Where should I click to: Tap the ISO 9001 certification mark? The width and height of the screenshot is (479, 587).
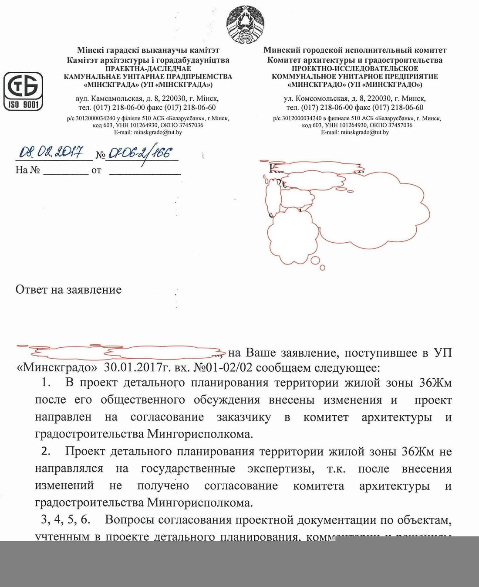[x=24, y=91]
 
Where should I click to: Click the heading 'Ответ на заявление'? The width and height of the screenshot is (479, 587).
[x=68, y=290]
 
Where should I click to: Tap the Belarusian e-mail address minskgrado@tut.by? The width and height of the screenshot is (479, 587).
[x=148, y=132]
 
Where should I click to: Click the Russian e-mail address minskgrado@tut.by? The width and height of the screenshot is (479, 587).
[x=355, y=132]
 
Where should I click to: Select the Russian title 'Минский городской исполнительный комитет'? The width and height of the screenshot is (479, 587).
[x=355, y=51]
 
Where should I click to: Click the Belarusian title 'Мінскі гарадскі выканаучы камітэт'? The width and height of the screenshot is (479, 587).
[x=148, y=51]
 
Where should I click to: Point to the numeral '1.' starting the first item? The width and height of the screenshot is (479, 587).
[x=46, y=383]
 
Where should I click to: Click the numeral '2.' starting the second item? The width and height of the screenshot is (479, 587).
[x=46, y=451]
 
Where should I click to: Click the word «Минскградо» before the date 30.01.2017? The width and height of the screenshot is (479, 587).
[x=57, y=367]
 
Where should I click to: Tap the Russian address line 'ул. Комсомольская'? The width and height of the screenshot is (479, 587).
[x=355, y=98]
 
